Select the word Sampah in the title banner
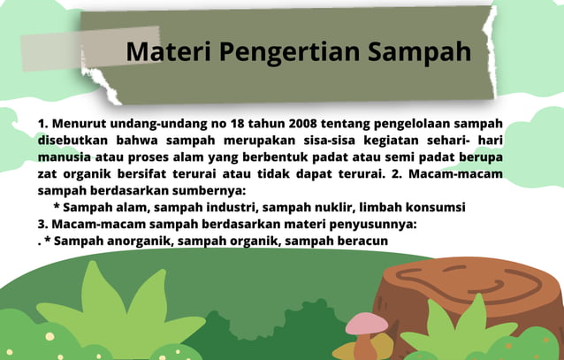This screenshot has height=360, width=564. (x=418, y=51)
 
